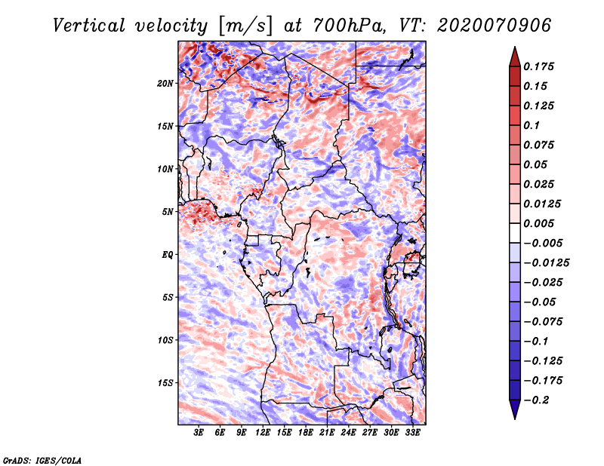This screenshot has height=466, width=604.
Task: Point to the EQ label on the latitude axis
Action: pos(168,255)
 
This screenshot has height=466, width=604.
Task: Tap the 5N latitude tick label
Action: pos(168,212)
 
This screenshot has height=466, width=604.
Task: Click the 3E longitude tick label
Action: pos(199,433)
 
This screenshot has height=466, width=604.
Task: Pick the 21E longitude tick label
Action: pos(327,433)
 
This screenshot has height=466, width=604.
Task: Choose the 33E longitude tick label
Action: pos(412,433)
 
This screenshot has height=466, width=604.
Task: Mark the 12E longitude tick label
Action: pos(263,433)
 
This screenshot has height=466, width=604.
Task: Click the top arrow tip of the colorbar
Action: pos(513,48)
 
